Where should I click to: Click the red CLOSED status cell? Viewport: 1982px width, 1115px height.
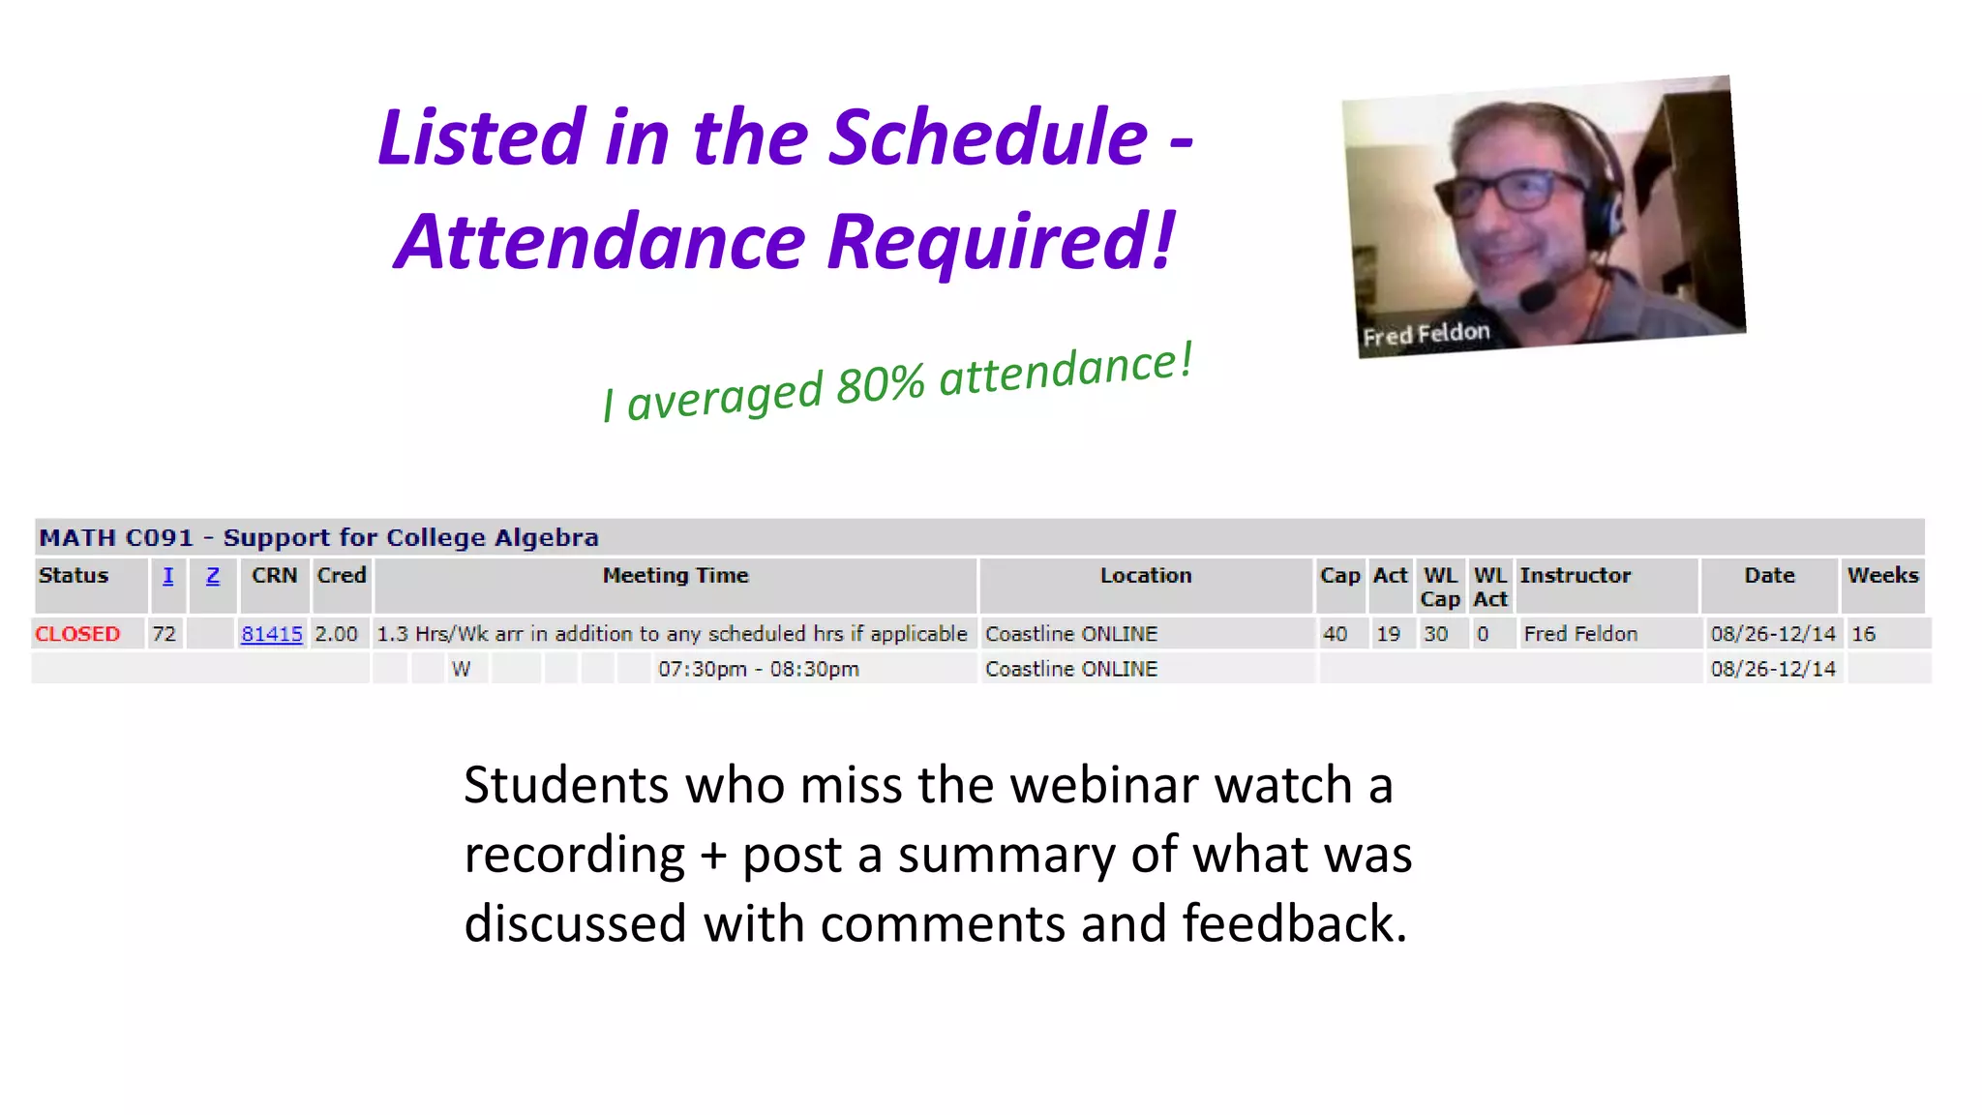[77, 634]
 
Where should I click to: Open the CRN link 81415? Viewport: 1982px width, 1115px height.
[272, 634]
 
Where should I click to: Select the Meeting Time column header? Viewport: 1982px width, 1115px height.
[676, 575]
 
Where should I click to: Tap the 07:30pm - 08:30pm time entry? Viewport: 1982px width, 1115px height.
[758, 669]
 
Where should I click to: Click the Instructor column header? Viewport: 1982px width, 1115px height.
[1575, 575]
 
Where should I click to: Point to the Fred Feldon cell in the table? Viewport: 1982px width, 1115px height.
[1580, 634]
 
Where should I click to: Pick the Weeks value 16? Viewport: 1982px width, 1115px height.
[1863, 634]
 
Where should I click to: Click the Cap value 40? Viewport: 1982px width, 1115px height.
[1335, 634]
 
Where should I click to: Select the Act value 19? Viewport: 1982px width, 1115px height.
[1388, 634]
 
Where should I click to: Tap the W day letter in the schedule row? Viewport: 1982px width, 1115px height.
[461, 669]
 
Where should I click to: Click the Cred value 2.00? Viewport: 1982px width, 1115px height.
[336, 634]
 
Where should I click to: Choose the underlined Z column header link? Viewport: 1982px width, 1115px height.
[213, 576]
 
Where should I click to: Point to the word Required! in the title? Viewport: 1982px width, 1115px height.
[1001, 241]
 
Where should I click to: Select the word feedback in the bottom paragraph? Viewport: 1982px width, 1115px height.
[1294, 923]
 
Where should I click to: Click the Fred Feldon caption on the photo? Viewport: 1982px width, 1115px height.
[1426, 334]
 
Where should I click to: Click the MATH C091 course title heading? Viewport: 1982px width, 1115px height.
[318, 537]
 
